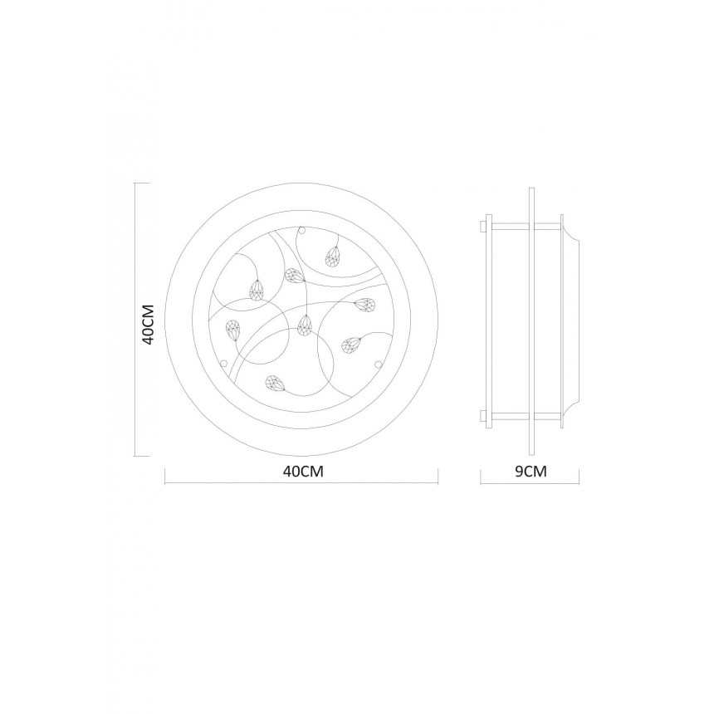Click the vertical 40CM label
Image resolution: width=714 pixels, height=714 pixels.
coord(149,324)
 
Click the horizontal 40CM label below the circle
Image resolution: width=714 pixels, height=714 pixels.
coord(303,471)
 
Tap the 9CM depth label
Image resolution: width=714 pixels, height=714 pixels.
coord(531,471)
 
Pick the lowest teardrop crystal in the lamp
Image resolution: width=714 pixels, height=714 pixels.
coord(275,384)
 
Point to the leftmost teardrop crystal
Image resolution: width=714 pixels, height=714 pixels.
coord(233,330)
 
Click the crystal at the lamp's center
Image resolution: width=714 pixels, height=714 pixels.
coord(304,325)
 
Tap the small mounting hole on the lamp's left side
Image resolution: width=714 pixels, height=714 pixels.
coord(223,364)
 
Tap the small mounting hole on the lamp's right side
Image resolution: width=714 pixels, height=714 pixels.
coord(378,364)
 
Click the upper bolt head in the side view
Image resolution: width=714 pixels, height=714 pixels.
coord(483,226)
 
